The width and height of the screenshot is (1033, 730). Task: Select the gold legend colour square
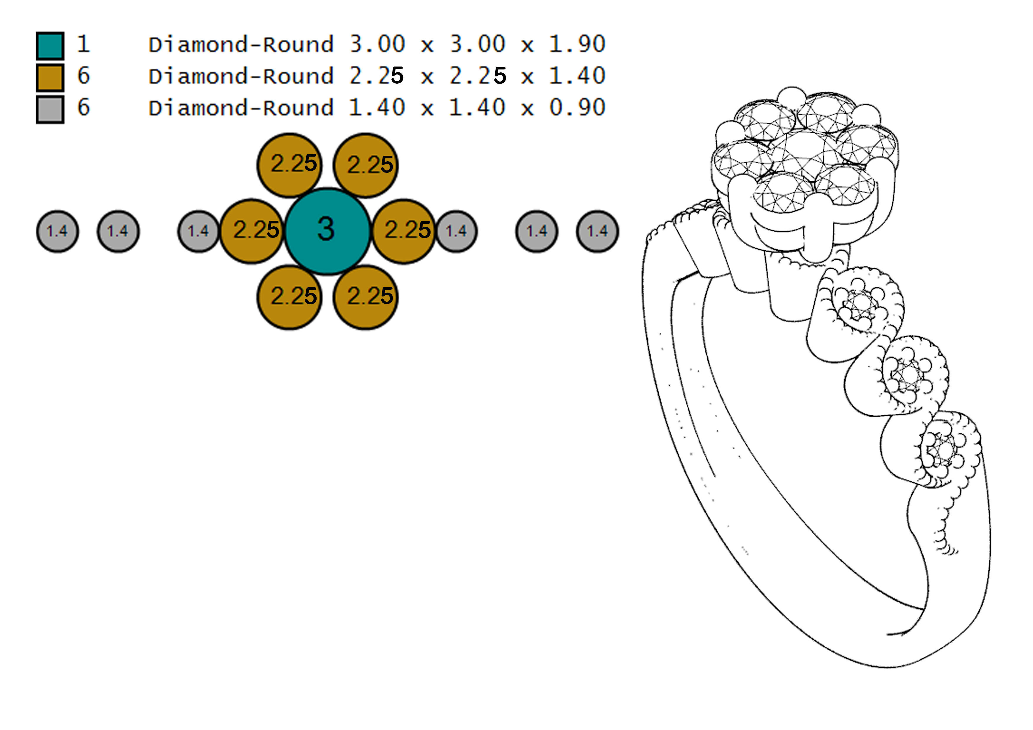point(50,77)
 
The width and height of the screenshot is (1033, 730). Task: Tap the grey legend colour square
point(50,109)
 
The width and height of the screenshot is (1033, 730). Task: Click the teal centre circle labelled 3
point(327,231)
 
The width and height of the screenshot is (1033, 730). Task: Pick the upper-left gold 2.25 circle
point(290,165)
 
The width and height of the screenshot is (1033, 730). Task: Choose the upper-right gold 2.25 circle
point(365,165)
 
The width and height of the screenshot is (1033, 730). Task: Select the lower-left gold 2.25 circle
point(290,297)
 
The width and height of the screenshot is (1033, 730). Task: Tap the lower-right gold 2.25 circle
point(365,297)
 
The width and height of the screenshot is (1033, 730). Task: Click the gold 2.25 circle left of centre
point(252,231)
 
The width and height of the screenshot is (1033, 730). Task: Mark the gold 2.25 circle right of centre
point(404,231)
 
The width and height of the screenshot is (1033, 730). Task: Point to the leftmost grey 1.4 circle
point(57,231)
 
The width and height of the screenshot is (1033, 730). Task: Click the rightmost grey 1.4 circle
point(597,231)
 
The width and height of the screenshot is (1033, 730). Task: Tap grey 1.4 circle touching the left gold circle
point(198,231)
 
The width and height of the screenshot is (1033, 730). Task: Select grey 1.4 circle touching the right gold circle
point(456,231)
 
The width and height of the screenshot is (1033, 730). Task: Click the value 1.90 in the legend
point(577,44)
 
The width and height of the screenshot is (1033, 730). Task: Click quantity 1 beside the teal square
point(83,44)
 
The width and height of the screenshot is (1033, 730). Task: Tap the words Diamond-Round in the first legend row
point(241,44)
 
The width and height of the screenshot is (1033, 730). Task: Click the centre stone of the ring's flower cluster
point(805,153)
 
